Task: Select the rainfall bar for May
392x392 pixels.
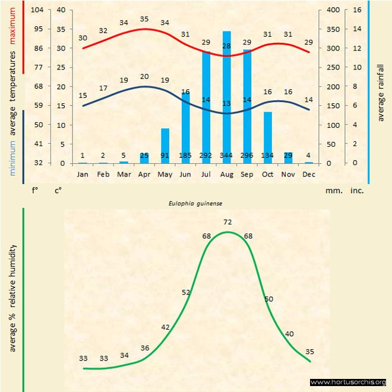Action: click(x=165, y=146)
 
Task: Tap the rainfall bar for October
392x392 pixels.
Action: click(x=268, y=137)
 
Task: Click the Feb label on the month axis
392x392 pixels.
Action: click(x=103, y=175)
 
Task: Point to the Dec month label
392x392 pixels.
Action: click(x=309, y=175)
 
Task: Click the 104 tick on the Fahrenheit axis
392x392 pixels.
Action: click(x=37, y=10)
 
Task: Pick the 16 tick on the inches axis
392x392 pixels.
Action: click(x=357, y=10)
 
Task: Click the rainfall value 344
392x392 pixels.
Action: click(x=226, y=156)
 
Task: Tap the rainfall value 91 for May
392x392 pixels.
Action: click(x=165, y=156)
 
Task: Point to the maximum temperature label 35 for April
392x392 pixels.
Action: click(x=144, y=19)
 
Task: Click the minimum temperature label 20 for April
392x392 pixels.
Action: click(x=144, y=77)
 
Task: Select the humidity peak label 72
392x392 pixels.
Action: click(x=227, y=222)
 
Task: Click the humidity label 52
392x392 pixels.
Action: click(x=186, y=292)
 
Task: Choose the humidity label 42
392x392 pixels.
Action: click(x=165, y=327)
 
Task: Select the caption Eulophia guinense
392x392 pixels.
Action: click(x=196, y=203)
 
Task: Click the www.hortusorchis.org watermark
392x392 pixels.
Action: click(x=348, y=382)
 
